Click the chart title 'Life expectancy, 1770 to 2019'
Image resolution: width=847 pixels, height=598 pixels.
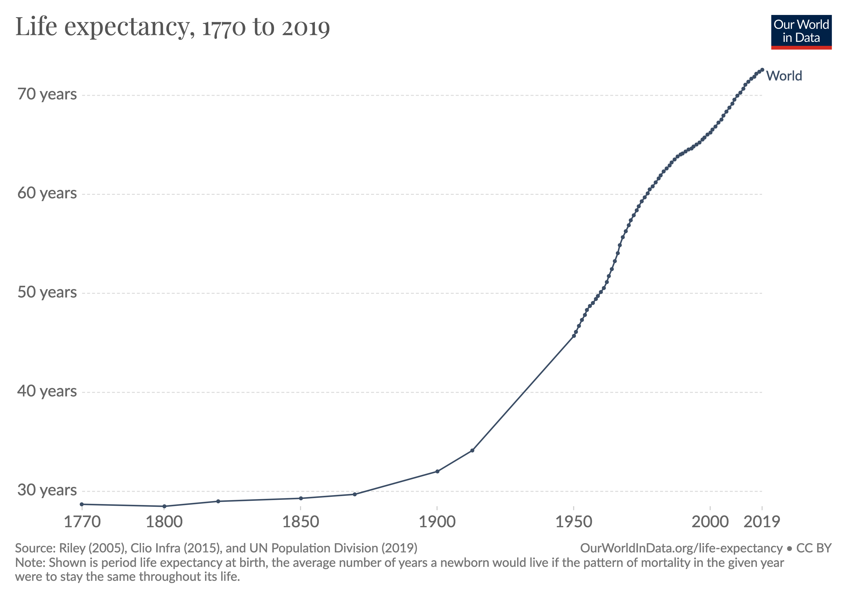point(172,27)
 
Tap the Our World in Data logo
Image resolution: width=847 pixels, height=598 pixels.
point(801,32)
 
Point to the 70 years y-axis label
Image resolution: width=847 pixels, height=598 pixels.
point(47,94)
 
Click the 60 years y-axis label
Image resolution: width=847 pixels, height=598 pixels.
point(47,193)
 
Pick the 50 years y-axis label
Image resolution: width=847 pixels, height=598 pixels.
point(47,293)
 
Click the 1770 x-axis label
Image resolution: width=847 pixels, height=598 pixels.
point(82,522)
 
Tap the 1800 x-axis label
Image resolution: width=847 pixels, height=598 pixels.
point(164,522)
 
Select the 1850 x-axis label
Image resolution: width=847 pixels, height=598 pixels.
point(301,522)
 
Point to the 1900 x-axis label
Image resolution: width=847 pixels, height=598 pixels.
point(437,522)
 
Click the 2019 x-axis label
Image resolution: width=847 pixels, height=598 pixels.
point(762,522)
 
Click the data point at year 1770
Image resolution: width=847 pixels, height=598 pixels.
point(82,504)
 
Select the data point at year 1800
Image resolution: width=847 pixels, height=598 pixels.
point(164,506)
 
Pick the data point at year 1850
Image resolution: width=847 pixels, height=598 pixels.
point(301,498)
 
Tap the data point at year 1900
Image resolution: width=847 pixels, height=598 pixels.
point(437,471)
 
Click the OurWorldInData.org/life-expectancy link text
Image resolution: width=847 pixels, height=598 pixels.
point(681,548)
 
